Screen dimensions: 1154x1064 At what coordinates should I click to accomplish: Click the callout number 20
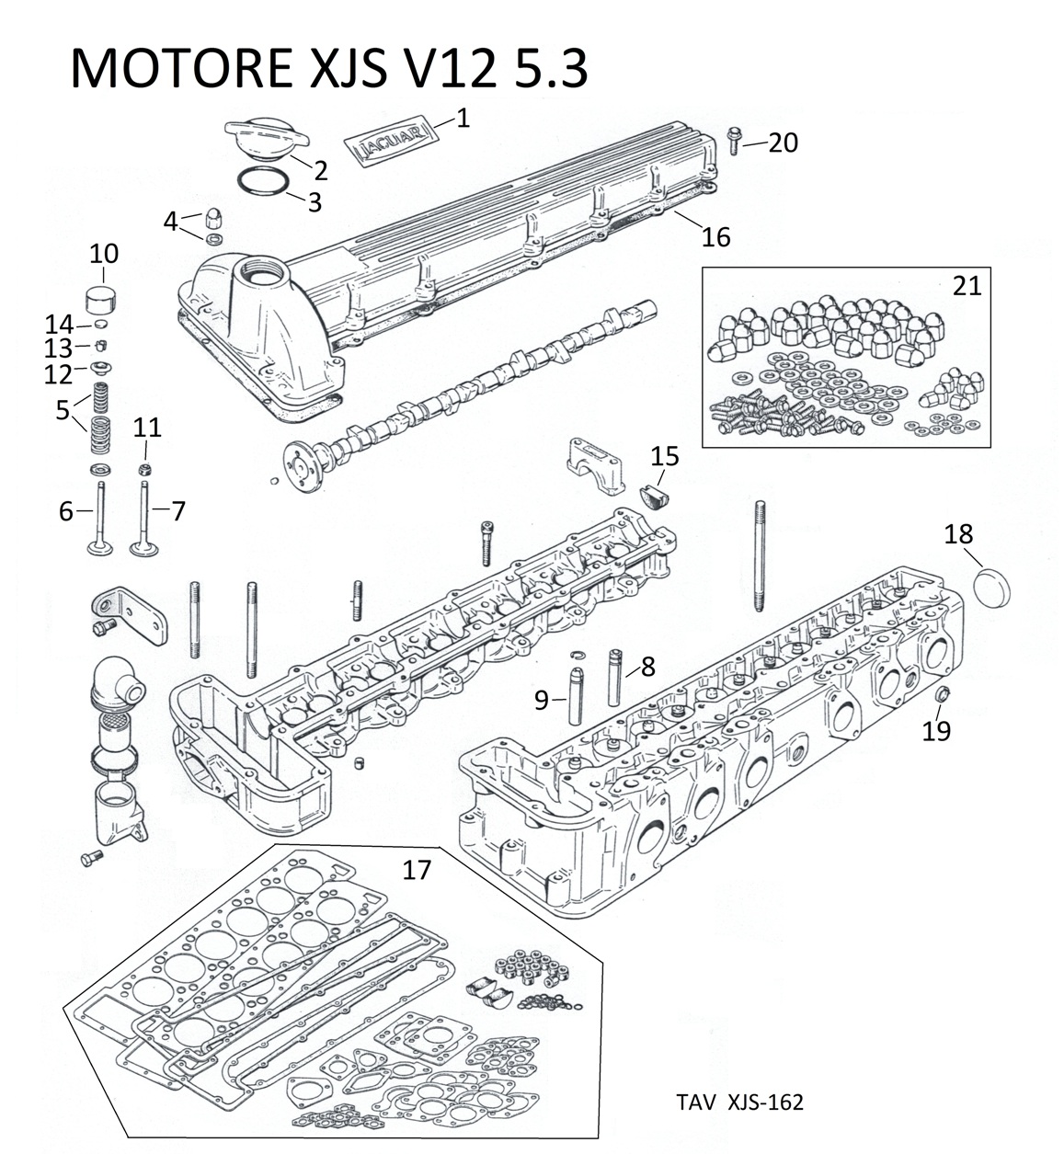[x=784, y=143]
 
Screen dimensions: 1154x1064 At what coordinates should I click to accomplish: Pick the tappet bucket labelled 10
[x=103, y=299]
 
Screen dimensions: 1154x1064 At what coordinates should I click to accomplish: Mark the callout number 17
[x=417, y=868]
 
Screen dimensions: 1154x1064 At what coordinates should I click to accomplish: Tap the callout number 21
[x=966, y=285]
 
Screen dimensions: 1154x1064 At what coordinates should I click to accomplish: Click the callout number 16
[x=715, y=236]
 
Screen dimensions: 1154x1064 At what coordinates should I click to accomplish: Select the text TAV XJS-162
[x=738, y=1102]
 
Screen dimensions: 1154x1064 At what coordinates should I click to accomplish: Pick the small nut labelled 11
[x=144, y=470]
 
